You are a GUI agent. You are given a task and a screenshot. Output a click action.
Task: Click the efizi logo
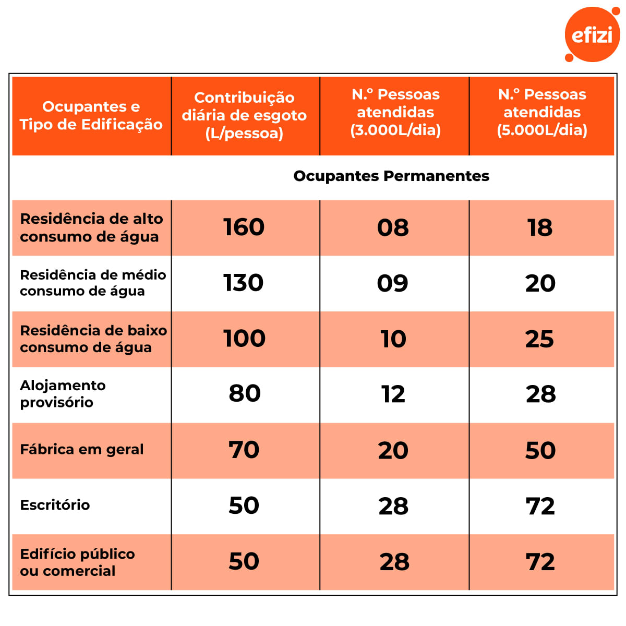pos(592,35)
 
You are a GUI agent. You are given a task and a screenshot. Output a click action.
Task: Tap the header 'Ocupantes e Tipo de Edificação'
pos(91,115)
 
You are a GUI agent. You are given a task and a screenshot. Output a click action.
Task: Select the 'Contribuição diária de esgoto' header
pos(244,115)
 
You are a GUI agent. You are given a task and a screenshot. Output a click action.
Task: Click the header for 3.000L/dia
pos(395,112)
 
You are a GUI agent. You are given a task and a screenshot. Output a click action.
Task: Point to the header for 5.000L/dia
pos(542,112)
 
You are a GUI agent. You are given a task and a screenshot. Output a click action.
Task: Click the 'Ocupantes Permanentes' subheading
pos(391,176)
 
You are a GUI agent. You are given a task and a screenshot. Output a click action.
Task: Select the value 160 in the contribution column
pos(244,227)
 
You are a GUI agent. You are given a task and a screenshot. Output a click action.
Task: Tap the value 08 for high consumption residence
pos(393,228)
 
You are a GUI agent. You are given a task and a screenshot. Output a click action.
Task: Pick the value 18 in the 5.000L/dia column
pos(540,228)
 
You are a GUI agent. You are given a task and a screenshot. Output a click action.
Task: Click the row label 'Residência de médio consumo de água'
pos(93,283)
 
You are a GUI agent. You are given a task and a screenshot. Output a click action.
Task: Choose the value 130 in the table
pos(244,283)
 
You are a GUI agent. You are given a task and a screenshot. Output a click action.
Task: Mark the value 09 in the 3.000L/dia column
pos(393,283)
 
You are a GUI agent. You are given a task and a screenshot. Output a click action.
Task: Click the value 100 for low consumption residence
pos(244,339)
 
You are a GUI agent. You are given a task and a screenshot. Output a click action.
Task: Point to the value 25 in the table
pos(540,339)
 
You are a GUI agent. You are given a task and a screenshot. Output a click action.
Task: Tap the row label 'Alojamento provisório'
pos(63,394)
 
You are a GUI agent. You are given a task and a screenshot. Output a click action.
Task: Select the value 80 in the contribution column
pos(245,394)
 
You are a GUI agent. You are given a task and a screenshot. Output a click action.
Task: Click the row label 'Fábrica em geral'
pos(82,450)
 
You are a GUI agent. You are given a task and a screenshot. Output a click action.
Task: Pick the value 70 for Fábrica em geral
pos(244,450)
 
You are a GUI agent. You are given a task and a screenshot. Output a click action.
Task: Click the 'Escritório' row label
pos(55,505)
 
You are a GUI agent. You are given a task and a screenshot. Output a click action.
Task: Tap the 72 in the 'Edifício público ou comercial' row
pos(540,562)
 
